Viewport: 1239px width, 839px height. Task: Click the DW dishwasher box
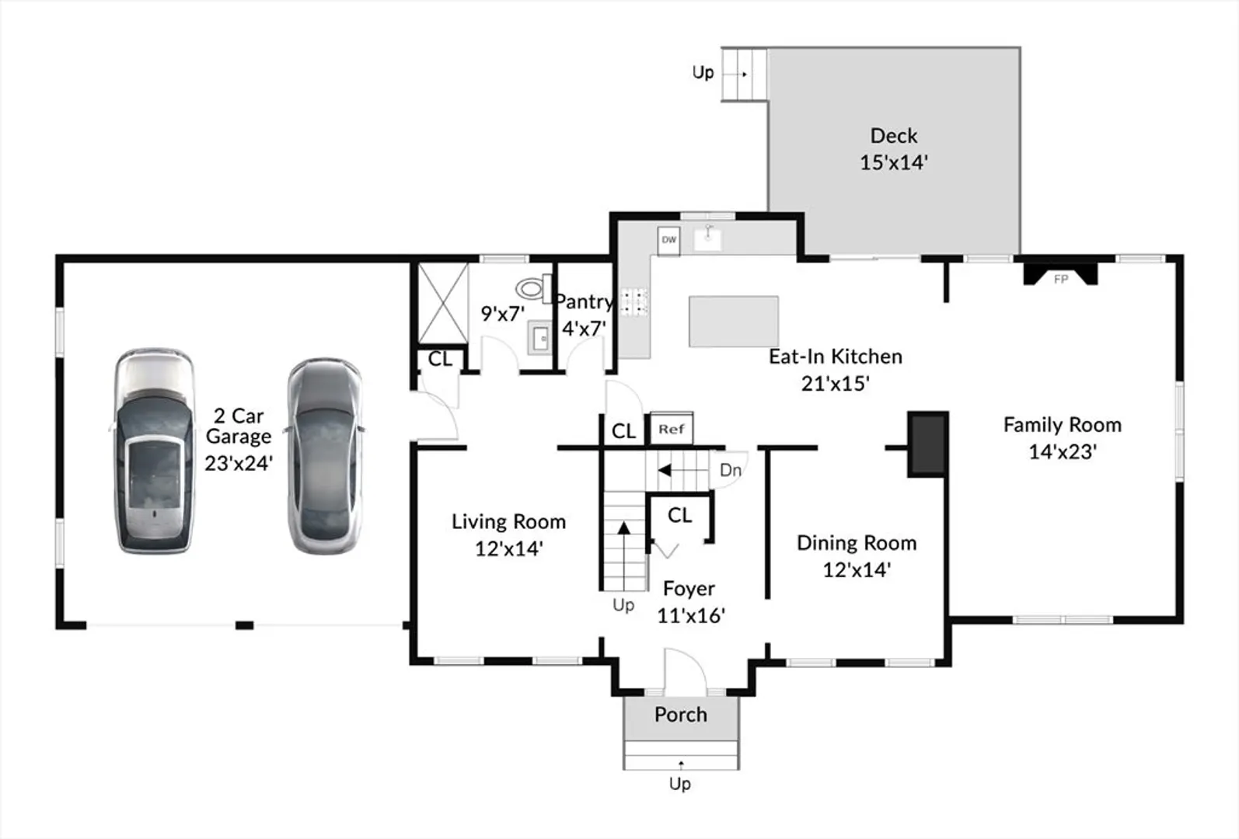[668, 240]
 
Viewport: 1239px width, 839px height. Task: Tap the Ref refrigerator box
[672, 428]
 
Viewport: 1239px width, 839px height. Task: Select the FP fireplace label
[1061, 279]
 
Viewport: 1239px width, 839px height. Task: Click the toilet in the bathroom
[533, 288]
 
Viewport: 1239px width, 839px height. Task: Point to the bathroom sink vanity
[540, 336]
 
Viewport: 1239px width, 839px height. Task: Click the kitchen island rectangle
[734, 321]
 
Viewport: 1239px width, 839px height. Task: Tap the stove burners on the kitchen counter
[634, 301]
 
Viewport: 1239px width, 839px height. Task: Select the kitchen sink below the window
[708, 238]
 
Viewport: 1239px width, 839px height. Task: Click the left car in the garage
[155, 451]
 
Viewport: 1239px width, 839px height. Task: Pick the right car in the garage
[325, 455]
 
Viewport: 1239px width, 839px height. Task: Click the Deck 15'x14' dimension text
[893, 162]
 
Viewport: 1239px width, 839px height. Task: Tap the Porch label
[681, 715]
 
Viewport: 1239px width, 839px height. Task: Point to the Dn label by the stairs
[730, 470]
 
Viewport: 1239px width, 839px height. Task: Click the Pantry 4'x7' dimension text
[584, 329]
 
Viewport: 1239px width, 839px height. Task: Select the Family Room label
[1063, 424]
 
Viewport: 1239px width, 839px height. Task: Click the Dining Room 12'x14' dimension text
[857, 569]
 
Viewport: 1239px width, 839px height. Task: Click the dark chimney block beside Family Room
[927, 444]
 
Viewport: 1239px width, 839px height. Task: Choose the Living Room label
[508, 521]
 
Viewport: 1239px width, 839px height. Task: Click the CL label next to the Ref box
[624, 431]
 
